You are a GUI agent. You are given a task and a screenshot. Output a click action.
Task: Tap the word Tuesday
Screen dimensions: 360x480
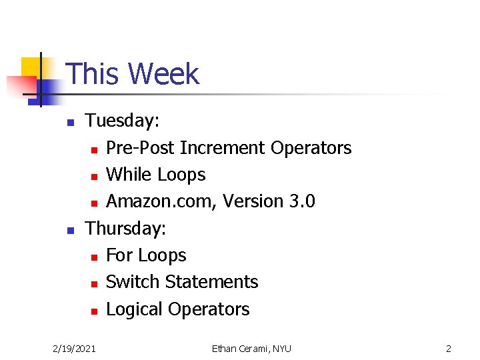coord(122,121)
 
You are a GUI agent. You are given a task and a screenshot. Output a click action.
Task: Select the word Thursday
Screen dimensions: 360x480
coord(125,229)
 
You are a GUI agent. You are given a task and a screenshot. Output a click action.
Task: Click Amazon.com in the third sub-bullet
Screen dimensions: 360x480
coord(160,201)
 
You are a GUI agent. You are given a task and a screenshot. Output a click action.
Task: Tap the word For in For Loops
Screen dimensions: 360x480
coord(119,255)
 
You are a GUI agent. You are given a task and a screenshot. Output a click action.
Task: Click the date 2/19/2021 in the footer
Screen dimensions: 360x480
coord(74,349)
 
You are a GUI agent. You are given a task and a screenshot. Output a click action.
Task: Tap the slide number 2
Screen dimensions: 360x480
coord(448,349)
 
